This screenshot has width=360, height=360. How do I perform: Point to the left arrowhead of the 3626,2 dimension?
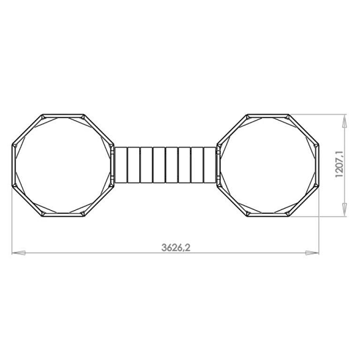[19, 253]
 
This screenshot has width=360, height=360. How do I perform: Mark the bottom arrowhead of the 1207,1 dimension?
[345, 212]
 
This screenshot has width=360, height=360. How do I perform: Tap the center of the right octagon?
[267, 165]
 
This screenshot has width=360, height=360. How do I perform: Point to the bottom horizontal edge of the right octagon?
[267, 217]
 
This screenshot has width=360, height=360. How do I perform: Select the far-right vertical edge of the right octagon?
[317, 165]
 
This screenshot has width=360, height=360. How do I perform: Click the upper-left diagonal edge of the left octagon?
[27, 129]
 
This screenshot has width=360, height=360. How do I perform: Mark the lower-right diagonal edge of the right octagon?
[303, 202]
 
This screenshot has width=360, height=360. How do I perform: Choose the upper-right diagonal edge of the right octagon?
[303, 129]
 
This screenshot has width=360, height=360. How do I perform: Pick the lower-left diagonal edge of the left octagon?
[27, 202]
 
